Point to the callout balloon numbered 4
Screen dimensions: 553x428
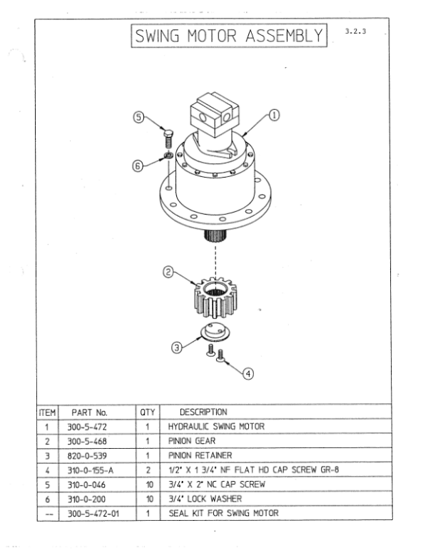248,372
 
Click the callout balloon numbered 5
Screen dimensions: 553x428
141,118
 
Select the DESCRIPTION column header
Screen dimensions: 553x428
203,412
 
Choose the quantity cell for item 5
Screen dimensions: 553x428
149,484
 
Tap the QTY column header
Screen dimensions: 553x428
149,412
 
